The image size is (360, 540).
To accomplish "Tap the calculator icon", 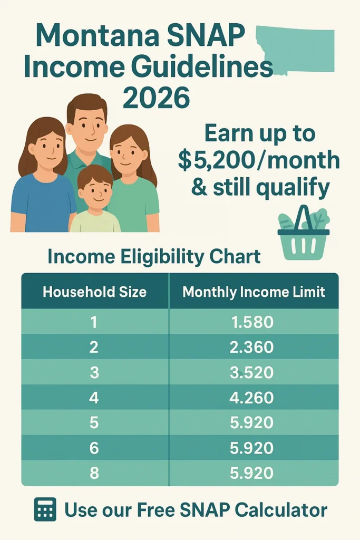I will pos(45,509).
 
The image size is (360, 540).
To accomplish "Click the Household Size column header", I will pos(94,292).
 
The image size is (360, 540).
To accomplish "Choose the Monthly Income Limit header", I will pos(254,292).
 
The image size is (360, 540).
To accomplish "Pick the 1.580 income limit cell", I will pos(252,322).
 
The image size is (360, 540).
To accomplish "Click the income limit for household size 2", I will pos(252,347).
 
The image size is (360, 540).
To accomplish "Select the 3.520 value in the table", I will pos(252,372).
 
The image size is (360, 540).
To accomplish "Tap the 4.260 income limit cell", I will pos(252,397).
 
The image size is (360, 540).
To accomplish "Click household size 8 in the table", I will pos(94,473).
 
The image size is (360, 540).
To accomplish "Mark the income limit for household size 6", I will pos(252,448).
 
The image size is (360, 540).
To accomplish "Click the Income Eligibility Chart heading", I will pos(153,257).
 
